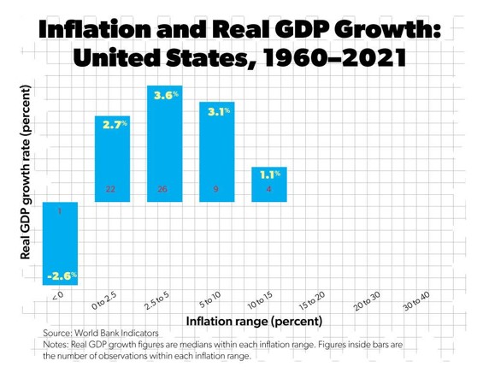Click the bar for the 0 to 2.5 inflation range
(111, 158)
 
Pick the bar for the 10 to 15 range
(268, 185)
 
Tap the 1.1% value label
(270, 175)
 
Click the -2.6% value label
(62, 275)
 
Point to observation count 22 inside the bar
(110, 188)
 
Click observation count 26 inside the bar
(163, 188)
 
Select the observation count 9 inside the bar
(216, 188)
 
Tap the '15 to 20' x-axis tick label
(312, 300)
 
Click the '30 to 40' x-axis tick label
(416, 300)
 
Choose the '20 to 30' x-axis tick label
(365, 300)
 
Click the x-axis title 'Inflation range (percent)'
(254, 322)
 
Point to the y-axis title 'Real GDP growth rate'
(26, 171)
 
